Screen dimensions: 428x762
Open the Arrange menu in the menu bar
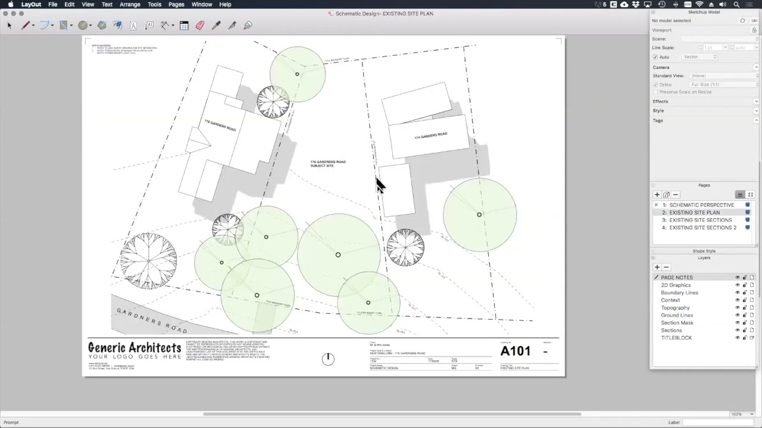coord(130,4)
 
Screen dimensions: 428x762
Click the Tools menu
coord(154,4)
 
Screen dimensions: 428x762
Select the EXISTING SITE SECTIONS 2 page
coord(702,228)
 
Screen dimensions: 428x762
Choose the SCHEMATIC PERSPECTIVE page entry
coord(701,205)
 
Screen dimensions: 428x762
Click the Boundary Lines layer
coord(679,292)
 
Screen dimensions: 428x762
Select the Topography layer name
coord(675,308)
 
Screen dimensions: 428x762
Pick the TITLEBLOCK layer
coord(676,338)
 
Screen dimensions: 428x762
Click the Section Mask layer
coord(677,323)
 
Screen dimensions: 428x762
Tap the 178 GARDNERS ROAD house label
coord(220,126)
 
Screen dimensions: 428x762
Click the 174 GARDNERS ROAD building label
coord(430,136)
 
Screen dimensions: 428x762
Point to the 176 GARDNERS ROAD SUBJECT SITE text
coord(327,163)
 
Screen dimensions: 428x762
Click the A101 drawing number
coord(515,351)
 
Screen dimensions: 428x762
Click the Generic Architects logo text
coord(135,348)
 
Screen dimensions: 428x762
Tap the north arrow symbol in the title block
coord(328,358)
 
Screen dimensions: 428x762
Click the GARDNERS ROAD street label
coord(152,321)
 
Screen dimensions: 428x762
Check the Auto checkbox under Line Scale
coord(655,57)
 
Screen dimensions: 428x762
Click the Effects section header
coord(660,102)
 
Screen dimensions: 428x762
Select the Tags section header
coord(658,121)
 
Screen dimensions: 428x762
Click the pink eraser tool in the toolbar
coord(200,25)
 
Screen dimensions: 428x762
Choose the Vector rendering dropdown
coord(699,57)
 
